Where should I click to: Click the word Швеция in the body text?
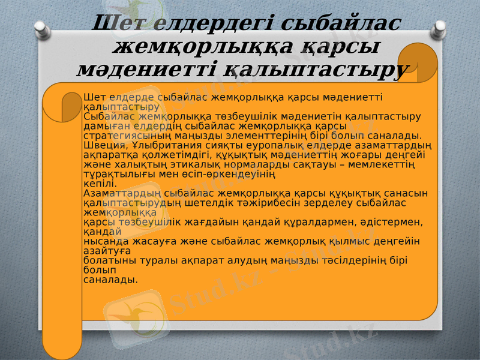[100, 145]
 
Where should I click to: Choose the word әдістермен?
[391, 222]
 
